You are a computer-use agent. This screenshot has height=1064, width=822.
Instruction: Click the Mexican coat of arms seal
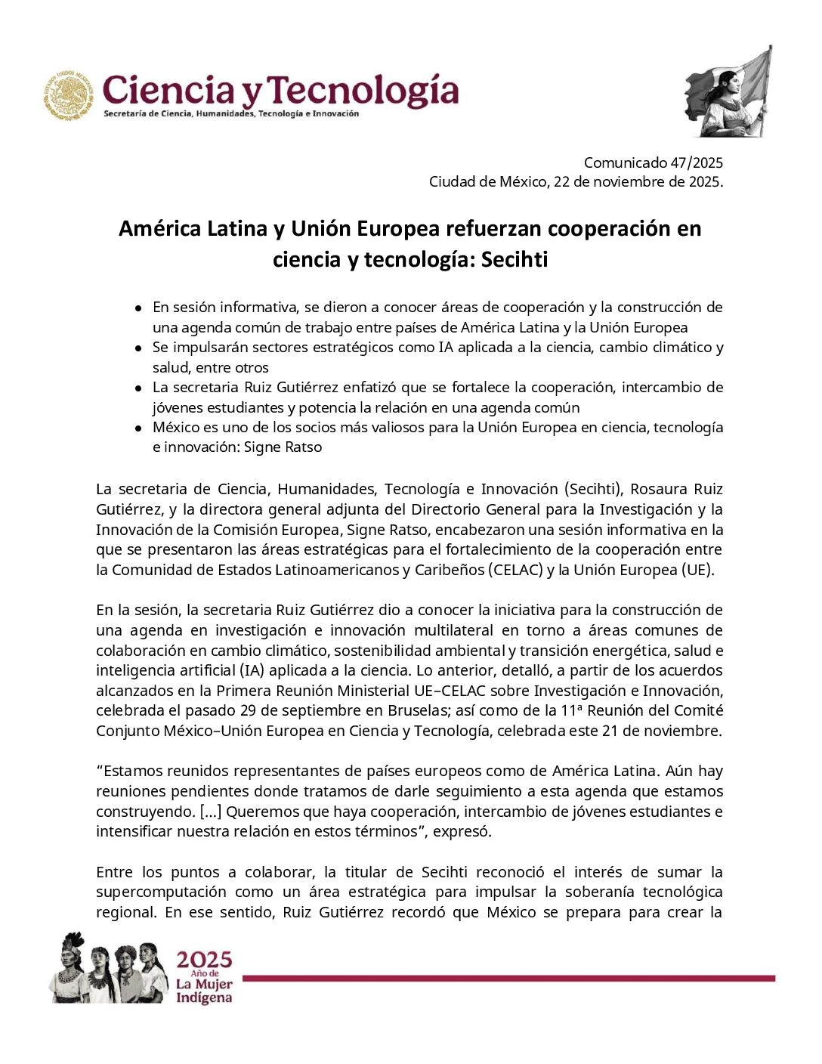click(x=67, y=96)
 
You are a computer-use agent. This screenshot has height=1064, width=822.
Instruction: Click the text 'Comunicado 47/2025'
click(x=653, y=162)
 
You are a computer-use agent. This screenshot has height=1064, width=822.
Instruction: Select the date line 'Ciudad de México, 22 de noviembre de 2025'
click(x=576, y=182)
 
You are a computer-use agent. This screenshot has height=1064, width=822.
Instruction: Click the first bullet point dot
click(x=138, y=308)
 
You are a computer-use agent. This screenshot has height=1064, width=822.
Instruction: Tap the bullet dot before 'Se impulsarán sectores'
click(x=138, y=348)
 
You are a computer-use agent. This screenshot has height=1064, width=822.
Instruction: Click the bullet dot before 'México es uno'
click(x=138, y=428)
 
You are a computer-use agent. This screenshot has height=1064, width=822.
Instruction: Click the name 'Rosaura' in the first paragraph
click(x=657, y=490)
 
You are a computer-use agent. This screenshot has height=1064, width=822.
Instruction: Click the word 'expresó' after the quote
click(x=464, y=831)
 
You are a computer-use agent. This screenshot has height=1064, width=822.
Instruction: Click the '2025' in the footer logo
click(x=204, y=960)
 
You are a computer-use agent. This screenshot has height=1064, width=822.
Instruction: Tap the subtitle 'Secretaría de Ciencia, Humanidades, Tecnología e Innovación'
click(x=230, y=114)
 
